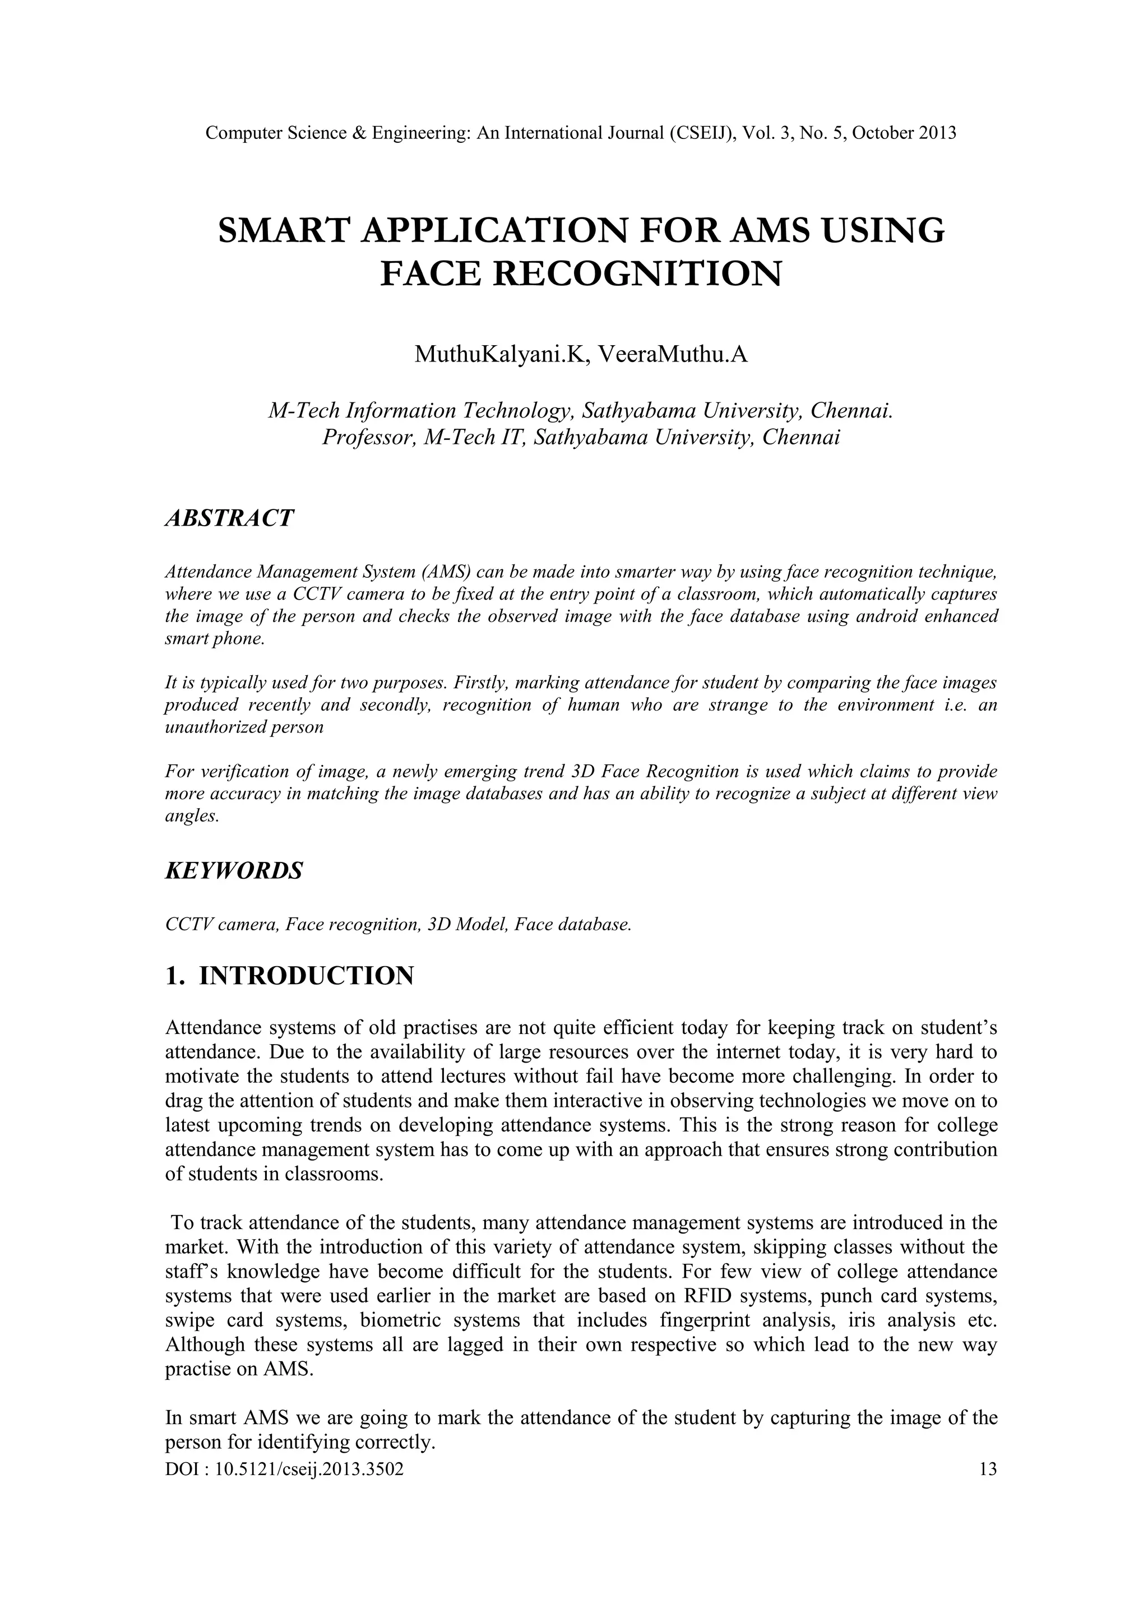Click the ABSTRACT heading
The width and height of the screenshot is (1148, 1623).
pyautogui.click(x=228, y=518)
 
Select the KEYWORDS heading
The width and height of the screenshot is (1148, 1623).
pyautogui.click(x=233, y=871)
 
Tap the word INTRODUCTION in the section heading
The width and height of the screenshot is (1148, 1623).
pyautogui.click(x=306, y=976)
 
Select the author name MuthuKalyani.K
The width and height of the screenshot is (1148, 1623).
pyautogui.click(x=501, y=354)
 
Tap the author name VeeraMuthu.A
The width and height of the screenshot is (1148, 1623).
pyautogui.click(x=672, y=354)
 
